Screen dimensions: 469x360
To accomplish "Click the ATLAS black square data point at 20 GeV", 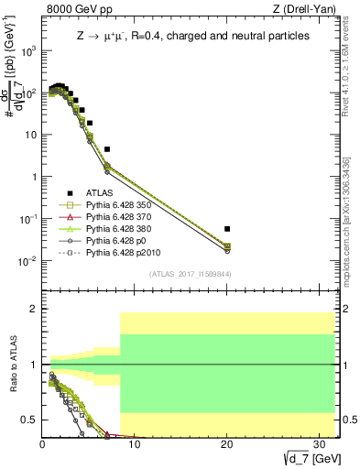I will click(227, 228).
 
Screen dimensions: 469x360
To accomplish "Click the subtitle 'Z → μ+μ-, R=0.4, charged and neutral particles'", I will click(192, 36).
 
